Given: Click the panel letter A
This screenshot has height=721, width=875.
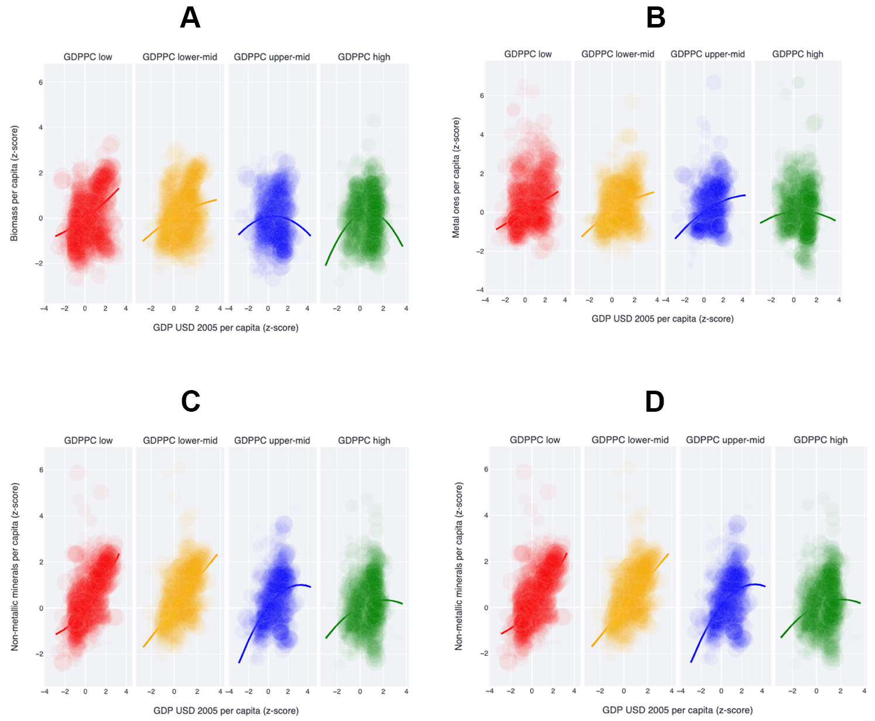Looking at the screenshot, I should pyautogui.click(x=190, y=18).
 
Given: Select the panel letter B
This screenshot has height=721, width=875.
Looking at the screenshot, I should pyautogui.click(x=655, y=18).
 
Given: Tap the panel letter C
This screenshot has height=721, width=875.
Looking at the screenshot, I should pyautogui.click(x=190, y=401).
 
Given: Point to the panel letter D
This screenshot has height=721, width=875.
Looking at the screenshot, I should pyautogui.click(x=654, y=402).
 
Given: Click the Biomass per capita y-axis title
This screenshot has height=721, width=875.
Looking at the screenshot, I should pyautogui.click(x=14, y=183).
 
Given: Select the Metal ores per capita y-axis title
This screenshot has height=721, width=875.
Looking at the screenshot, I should pyautogui.click(x=456, y=177).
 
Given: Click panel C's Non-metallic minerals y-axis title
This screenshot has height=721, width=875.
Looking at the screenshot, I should pyautogui.click(x=15, y=566).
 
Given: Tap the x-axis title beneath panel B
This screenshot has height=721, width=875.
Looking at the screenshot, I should pyautogui.click(x=662, y=319).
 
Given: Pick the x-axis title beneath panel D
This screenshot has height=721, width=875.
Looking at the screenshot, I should pyautogui.click(x=677, y=710).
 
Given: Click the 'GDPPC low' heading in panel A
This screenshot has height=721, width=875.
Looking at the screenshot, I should pyautogui.click(x=88, y=57).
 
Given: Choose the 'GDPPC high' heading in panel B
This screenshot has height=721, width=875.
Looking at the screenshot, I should pyautogui.click(x=797, y=54).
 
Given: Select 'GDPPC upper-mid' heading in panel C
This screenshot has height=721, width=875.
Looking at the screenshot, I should pyautogui.click(x=272, y=440).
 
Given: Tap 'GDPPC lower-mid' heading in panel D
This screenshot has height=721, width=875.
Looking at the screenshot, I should pyautogui.click(x=630, y=440).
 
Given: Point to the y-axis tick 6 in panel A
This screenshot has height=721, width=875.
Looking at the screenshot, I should pyautogui.click(x=40, y=83).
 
